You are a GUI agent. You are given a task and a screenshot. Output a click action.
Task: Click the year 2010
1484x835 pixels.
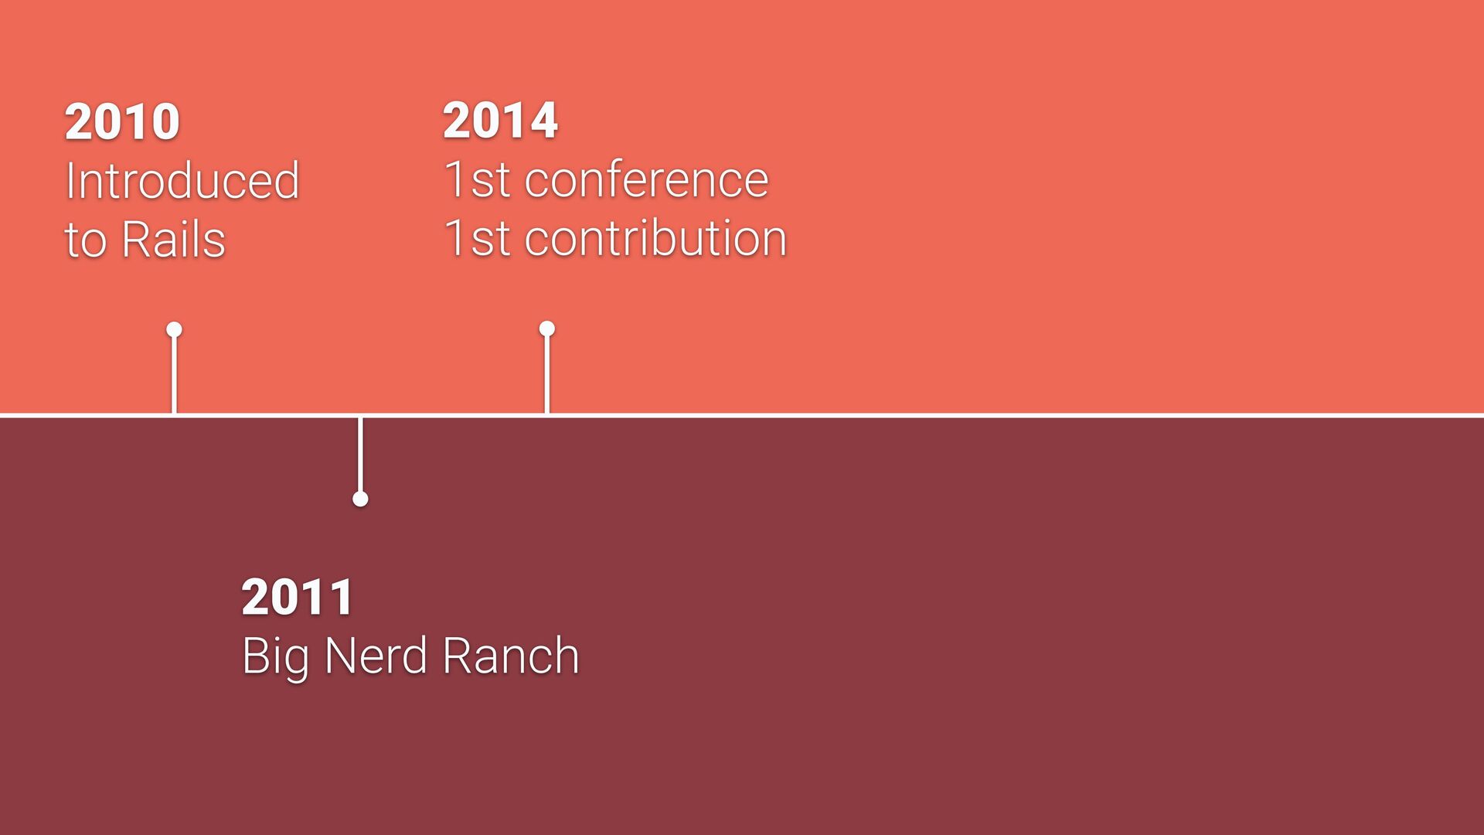pos(122,121)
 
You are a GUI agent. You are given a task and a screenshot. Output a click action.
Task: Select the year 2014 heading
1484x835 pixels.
pos(500,121)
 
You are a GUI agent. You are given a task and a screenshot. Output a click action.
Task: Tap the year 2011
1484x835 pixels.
pos(298,597)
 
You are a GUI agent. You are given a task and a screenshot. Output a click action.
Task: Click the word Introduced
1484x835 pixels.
pos(182,180)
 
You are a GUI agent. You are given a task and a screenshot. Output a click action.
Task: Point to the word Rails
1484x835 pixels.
pos(173,239)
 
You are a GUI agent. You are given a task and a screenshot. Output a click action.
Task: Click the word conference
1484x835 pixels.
pos(647,179)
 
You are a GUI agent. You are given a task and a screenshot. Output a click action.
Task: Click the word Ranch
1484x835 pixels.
pos(511,656)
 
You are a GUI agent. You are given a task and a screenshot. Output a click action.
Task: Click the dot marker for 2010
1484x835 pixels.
pos(174,330)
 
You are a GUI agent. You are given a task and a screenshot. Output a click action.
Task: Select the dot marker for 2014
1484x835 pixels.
pos(547,329)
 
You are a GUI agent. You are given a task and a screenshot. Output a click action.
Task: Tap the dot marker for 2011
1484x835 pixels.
pos(360,499)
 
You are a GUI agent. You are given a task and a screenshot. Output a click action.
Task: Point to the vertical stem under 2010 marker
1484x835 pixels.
pos(174,376)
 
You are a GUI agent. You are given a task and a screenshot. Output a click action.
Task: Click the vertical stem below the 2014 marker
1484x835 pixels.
pos(547,375)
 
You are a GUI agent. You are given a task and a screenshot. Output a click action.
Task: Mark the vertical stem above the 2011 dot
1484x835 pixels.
pos(360,455)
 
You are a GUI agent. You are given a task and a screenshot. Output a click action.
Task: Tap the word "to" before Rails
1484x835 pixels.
pos(85,240)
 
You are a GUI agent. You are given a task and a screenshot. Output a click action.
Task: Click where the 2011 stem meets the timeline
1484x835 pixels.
pos(360,416)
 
